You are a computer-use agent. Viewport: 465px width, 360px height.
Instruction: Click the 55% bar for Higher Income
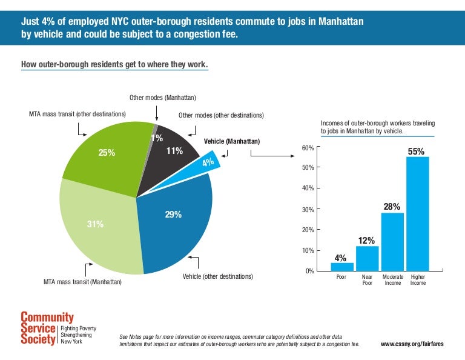click(417, 213)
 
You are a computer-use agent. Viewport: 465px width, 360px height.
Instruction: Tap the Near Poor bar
click(367, 258)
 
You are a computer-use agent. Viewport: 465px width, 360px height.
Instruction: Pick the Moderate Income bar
click(392, 241)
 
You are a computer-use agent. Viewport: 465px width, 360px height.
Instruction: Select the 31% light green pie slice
click(97, 230)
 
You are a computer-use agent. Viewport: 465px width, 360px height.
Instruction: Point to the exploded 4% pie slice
click(208, 162)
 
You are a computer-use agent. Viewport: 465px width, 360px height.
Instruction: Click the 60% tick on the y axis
click(307, 148)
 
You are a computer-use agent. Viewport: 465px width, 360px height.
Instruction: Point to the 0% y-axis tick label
click(309, 271)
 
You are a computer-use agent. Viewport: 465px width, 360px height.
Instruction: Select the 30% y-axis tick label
click(307, 210)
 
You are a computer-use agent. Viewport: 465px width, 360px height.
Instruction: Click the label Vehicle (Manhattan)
click(231, 141)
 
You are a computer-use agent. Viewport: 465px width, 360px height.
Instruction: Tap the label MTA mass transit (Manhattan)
click(82, 282)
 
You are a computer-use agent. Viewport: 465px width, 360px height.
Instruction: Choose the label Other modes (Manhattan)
click(162, 98)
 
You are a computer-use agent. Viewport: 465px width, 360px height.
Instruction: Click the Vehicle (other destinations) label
click(217, 276)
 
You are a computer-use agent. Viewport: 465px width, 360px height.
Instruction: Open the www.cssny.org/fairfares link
click(412, 344)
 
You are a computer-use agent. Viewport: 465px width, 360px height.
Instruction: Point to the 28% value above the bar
click(392, 207)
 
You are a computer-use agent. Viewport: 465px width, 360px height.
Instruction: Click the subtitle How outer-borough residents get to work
click(114, 64)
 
